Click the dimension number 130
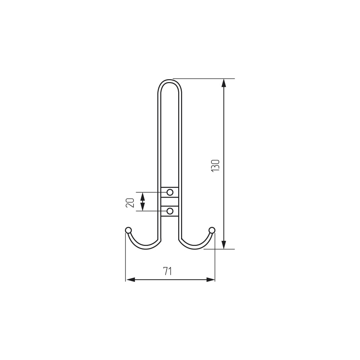pos(215,165)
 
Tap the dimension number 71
pos(168,271)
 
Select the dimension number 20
pos(130,202)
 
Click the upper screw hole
pos(170,192)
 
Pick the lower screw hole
pos(170,211)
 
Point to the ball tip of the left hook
pos(129,230)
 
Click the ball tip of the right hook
pos(212,230)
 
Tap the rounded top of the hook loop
pos(170,81)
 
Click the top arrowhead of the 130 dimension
pos(224,83)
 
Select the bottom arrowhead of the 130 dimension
pos(224,245)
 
